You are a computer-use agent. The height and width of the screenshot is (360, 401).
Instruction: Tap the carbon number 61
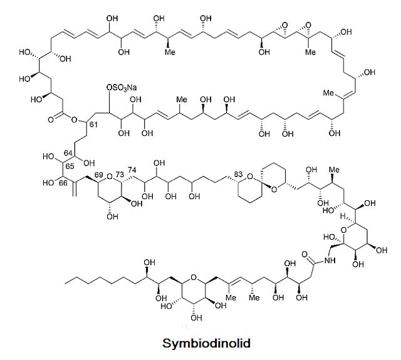[94, 127]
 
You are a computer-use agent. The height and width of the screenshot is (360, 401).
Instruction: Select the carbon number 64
[70, 154]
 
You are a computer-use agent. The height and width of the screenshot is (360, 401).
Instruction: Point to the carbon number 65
[70, 167]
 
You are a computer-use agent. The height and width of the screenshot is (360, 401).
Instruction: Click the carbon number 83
[237, 173]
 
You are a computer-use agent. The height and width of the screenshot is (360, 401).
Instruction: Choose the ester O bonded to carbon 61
[74, 119]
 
